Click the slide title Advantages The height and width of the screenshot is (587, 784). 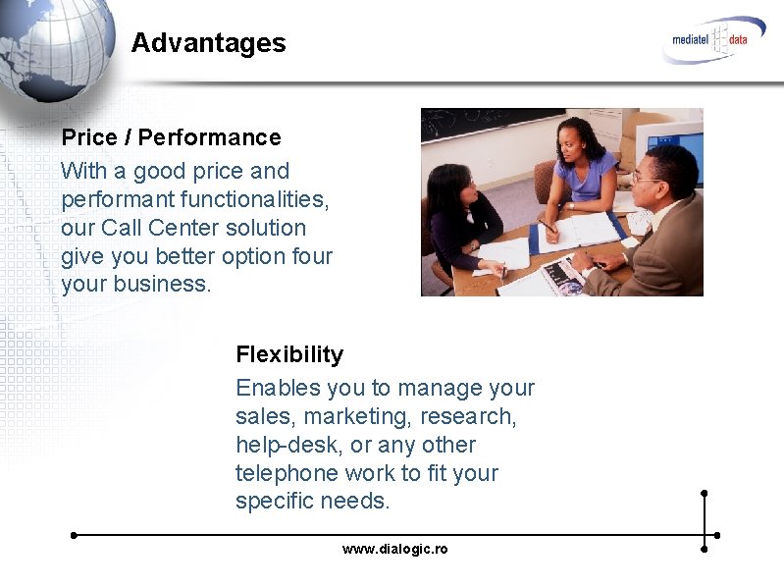(208, 43)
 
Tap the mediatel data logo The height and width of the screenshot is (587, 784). (712, 40)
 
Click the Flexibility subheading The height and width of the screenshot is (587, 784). (289, 354)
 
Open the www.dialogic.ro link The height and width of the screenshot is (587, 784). (394, 549)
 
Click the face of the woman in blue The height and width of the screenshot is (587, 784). (570, 147)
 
